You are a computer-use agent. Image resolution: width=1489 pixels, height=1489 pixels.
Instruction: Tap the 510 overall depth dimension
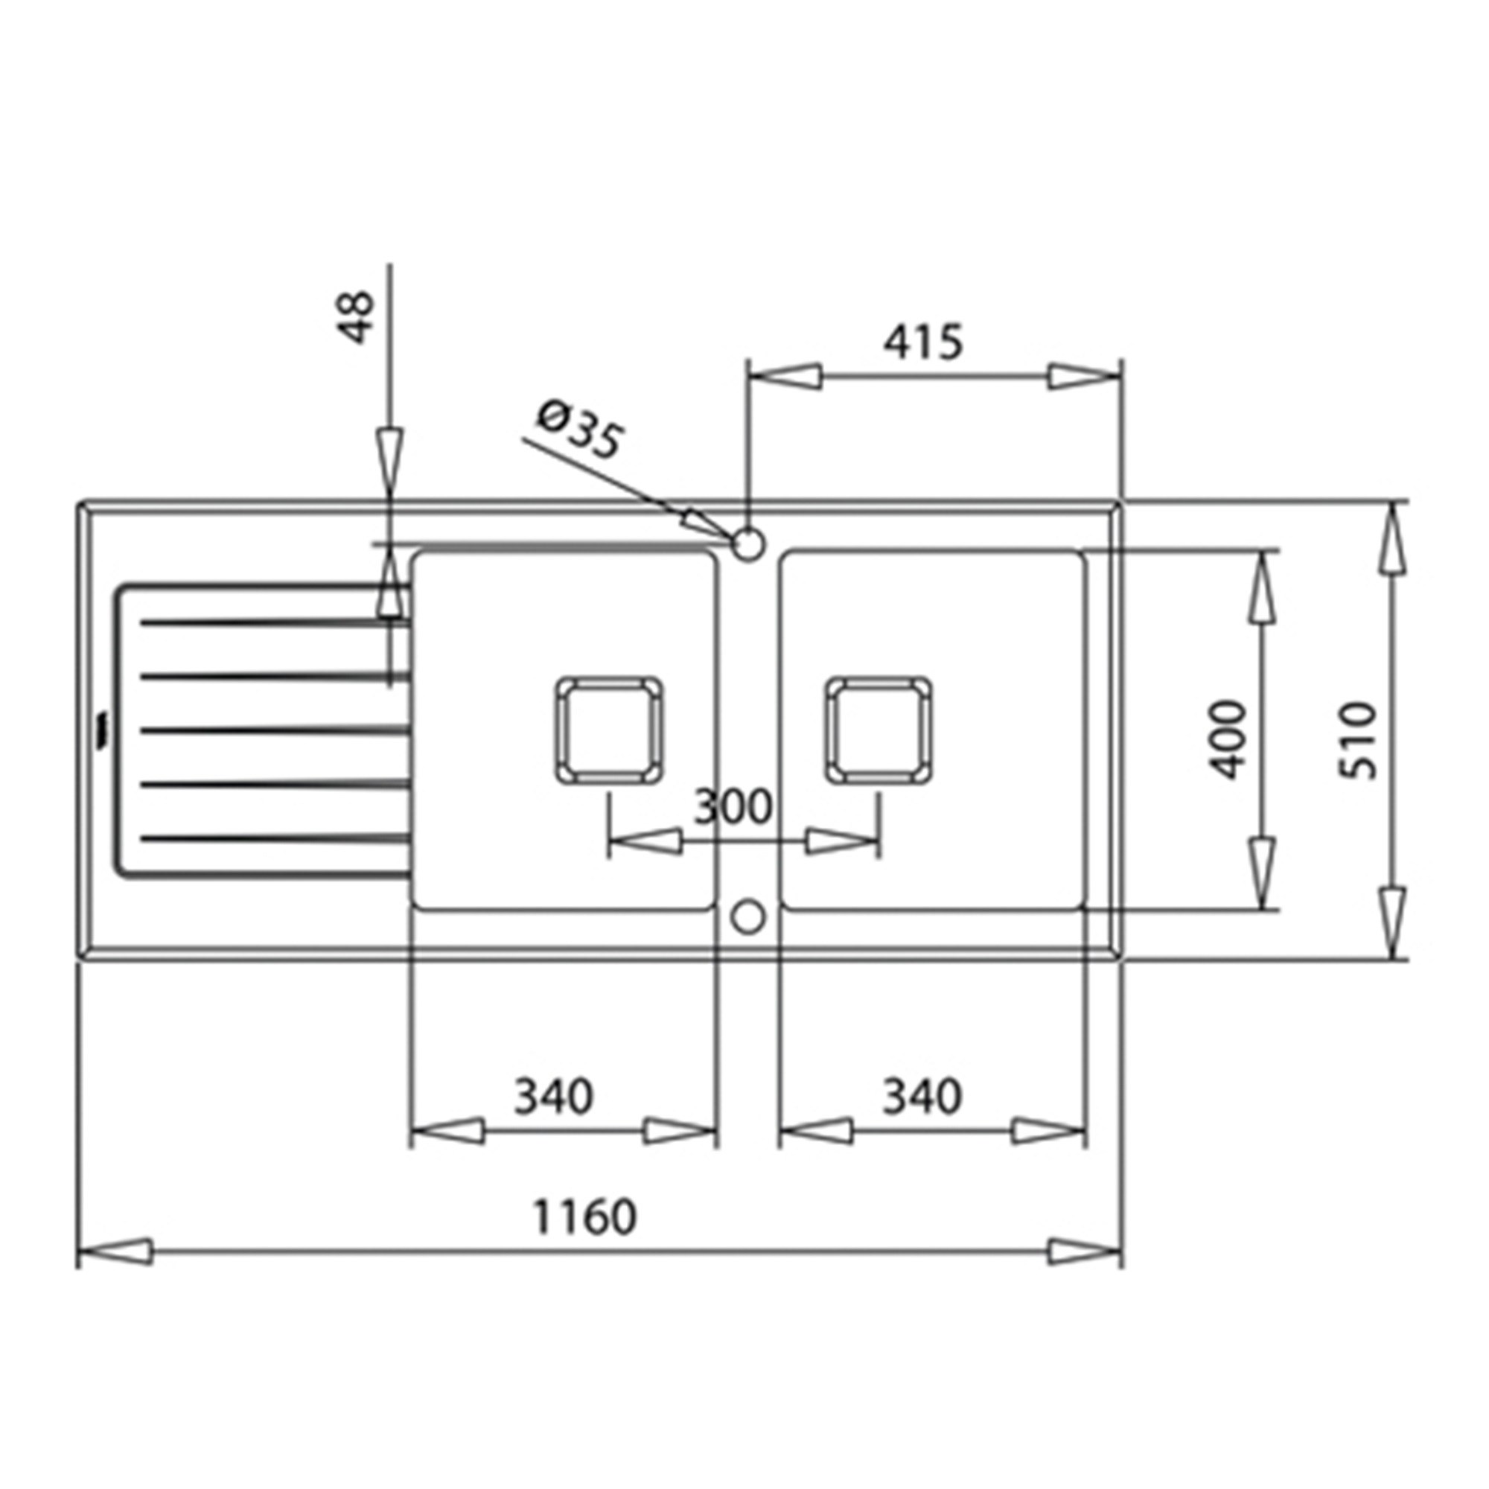[1357, 741]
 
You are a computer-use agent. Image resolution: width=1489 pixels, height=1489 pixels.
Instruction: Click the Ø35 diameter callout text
[578, 430]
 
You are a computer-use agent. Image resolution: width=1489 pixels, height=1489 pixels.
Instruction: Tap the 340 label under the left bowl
[554, 1096]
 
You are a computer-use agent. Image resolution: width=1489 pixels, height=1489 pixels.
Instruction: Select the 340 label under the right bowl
[922, 1096]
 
